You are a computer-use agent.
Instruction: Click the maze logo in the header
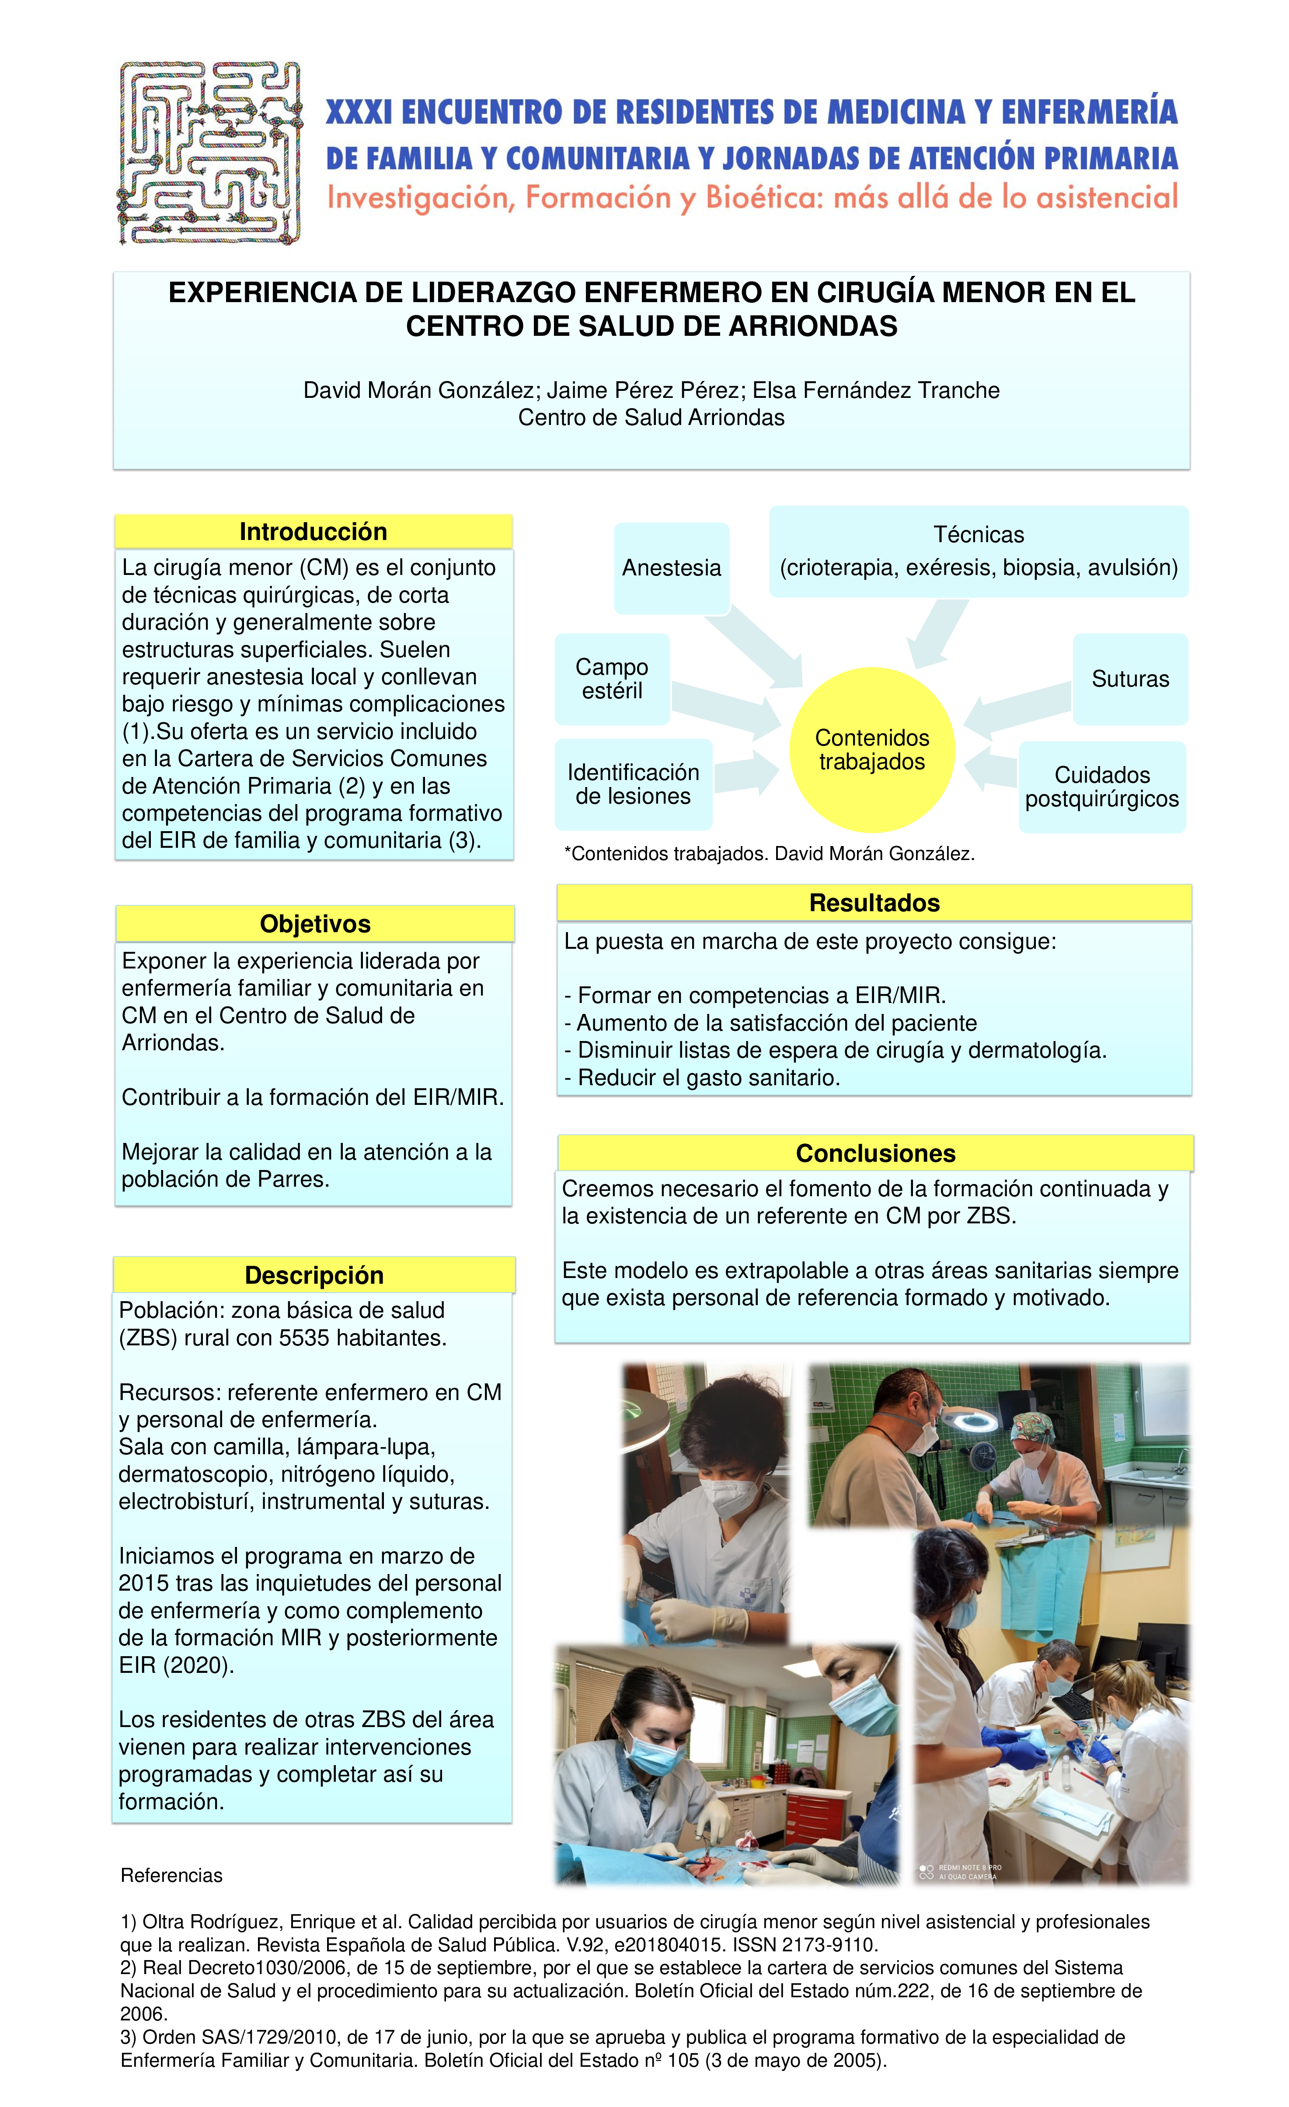point(209,152)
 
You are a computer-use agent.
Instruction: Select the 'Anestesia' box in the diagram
point(672,568)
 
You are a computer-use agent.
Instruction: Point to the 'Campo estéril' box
point(612,679)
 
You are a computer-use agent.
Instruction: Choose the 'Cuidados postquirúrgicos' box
point(1102,787)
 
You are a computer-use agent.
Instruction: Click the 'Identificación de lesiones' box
point(633,784)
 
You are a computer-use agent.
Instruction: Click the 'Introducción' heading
point(313,532)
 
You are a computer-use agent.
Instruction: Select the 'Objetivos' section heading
point(315,923)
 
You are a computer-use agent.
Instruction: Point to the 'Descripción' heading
point(314,1275)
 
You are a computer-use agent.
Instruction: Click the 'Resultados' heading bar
point(874,903)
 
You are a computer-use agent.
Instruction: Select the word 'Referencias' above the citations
point(171,1875)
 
